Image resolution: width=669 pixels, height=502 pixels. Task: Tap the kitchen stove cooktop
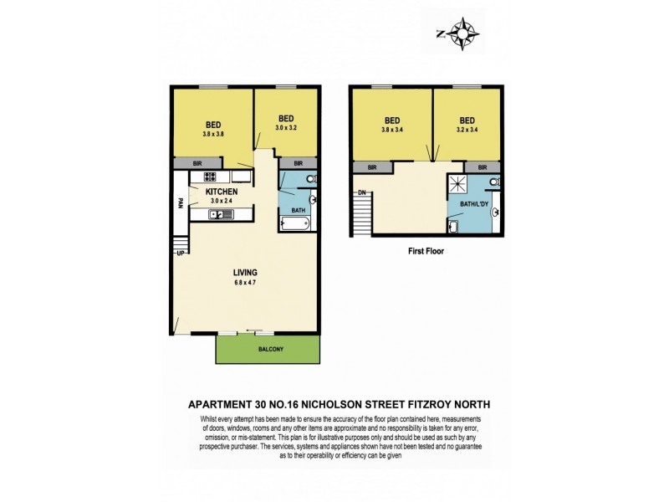(210, 177)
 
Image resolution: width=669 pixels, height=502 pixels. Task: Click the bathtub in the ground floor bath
(295, 224)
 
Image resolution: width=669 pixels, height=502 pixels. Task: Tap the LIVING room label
(245, 274)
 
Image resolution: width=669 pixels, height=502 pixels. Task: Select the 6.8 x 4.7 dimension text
(245, 284)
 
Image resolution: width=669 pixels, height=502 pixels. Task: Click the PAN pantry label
(181, 202)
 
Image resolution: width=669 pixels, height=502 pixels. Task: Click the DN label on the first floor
(362, 192)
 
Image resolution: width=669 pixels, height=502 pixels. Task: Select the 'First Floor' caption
(425, 249)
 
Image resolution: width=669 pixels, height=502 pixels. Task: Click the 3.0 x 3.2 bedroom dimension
(287, 127)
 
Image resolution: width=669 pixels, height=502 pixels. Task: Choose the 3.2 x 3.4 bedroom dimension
(467, 129)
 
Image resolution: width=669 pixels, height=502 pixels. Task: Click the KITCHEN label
(222, 192)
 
